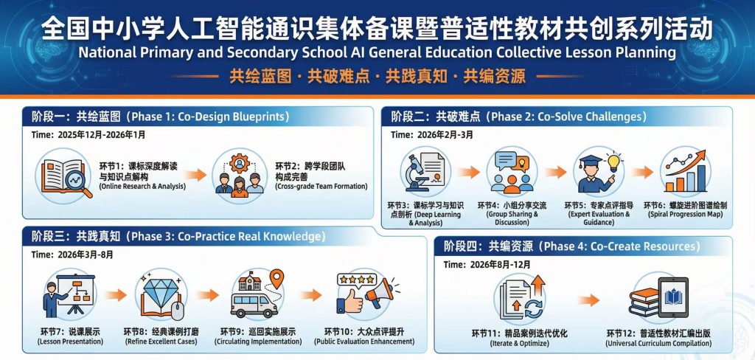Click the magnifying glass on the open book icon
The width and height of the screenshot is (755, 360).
[x=77, y=182]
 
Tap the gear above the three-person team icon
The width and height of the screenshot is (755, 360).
[x=240, y=163]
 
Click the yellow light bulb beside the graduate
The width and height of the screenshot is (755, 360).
[x=613, y=163]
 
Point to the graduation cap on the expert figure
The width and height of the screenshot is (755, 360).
[x=591, y=162]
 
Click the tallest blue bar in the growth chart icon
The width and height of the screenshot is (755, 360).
[x=700, y=179]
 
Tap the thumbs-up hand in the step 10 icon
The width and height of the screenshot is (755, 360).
[x=349, y=302]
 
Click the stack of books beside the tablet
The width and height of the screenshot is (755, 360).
[x=644, y=302]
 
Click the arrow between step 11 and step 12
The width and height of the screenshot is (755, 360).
[x=588, y=300]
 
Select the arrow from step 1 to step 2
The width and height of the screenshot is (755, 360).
[x=195, y=174]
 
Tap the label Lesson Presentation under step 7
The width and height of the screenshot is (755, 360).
[x=70, y=342]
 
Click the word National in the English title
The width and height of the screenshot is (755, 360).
[x=102, y=52]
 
